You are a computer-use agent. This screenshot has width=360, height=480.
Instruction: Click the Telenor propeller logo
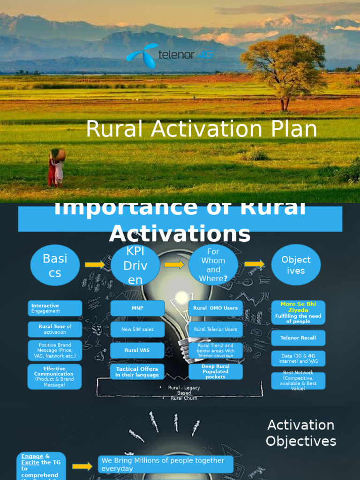click(x=142, y=55)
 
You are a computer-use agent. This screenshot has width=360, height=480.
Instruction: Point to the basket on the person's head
click(x=58, y=154)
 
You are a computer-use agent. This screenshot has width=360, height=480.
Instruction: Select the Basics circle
click(x=55, y=265)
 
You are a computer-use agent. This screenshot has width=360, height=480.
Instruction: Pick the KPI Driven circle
click(x=135, y=265)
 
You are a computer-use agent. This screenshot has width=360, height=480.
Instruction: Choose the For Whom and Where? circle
click(x=213, y=265)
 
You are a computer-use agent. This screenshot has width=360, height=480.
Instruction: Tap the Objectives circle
click(x=296, y=265)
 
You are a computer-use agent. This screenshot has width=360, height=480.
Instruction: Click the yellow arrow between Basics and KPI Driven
click(x=95, y=265)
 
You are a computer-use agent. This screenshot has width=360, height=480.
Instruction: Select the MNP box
click(x=137, y=308)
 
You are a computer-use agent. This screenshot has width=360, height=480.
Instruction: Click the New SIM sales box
click(x=137, y=330)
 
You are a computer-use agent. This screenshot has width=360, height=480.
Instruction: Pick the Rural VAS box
click(x=137, y=350)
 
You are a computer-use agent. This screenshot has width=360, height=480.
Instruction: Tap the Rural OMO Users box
click(x=216, y=308)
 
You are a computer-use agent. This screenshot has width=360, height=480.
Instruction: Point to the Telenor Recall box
click(x=298, y=337)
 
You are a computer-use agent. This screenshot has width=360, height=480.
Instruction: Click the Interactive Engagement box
click(x=55, y=308)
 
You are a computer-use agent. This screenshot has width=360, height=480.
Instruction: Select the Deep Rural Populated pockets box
click(x=216, y=372)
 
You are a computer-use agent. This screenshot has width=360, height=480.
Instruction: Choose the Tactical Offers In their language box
click(x=137, y=372)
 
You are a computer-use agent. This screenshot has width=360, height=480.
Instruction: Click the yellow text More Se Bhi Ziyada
click(x=298, y=307)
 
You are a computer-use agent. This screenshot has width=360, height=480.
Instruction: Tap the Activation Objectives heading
click(x=300, y=433)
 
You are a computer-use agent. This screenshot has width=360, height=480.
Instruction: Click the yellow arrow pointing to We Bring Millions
click(x=82, y=466)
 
